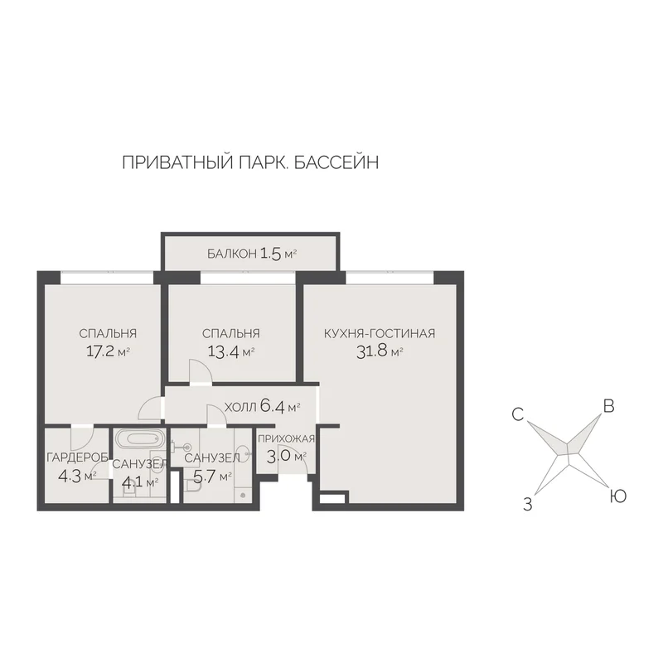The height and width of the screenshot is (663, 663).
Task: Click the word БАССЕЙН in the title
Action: tap(336, 162)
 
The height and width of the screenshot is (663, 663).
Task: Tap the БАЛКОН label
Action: tap(232, 254)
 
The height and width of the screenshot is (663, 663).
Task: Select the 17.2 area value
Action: tap(100, 351)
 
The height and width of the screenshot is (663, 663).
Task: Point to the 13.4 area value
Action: tap(224, 351)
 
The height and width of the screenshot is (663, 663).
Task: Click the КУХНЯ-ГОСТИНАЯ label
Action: tap(380, 333)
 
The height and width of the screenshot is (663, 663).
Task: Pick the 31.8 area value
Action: tap(372, 351)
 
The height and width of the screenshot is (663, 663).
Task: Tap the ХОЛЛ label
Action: tap(240, 407)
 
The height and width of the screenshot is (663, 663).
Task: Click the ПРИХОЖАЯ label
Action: tap(286, 438)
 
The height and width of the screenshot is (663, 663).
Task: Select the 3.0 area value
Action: tap(279, 457)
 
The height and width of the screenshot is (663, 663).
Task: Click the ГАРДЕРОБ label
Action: tap(77, 457)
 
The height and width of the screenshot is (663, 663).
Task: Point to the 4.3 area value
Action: tap(70, 476)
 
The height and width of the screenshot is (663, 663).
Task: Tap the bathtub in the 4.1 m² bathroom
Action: tap(139, 439)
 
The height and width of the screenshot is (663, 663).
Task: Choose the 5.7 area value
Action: tap(205, 477)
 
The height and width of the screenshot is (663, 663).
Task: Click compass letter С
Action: tap(517, 414)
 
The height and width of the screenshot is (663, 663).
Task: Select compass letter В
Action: tap(608, 406)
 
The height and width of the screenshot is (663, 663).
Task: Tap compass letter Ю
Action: tap(617, 496)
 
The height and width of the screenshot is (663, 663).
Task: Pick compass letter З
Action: tap(527, 505)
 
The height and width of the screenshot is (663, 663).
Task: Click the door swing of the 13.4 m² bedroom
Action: tap(201, 370)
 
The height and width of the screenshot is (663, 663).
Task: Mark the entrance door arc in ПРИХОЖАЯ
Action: tap(293, 458)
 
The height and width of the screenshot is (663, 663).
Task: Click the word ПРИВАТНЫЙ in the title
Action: tap(178, 162)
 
